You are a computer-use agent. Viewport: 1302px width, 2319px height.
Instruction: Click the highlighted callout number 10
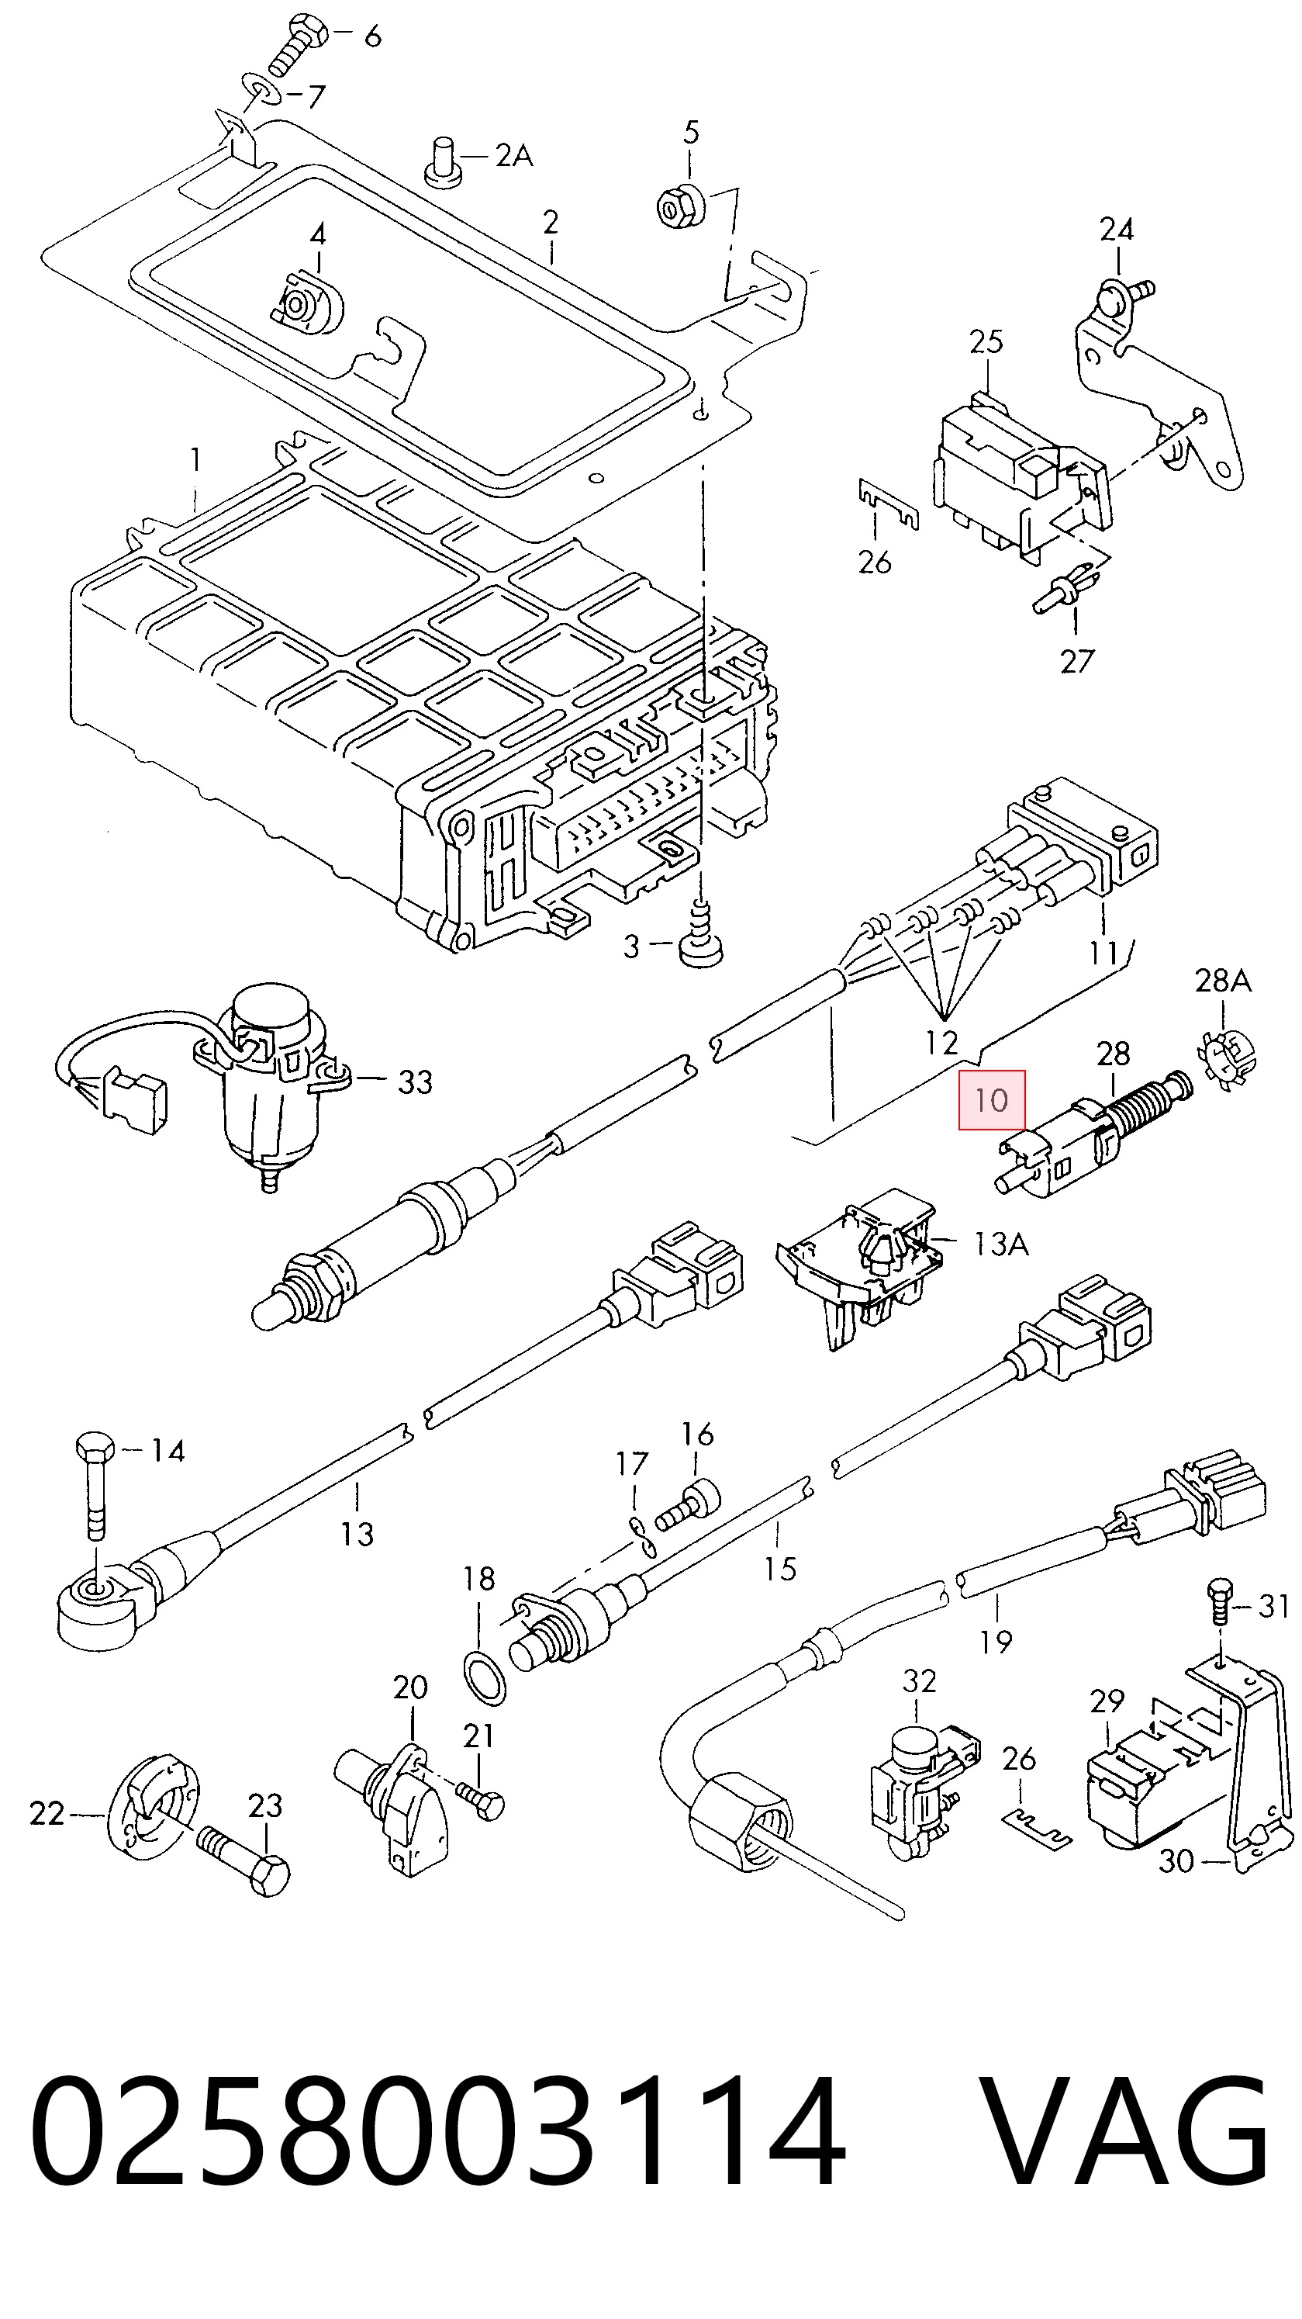coord(992,1099)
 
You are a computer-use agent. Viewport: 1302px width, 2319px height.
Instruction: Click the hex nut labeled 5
coord(680,206)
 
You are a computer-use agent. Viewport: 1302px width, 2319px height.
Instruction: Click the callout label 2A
coord(514,156)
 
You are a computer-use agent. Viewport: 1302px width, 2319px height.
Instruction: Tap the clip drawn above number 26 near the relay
coord(887,505)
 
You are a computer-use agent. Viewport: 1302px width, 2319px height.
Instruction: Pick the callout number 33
coord(415,1082)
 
